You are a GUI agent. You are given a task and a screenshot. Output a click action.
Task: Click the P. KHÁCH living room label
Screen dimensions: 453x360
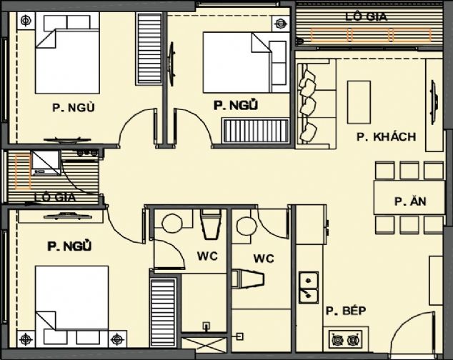point(387,136)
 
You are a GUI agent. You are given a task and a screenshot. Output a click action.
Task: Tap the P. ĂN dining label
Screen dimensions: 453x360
point(410,201)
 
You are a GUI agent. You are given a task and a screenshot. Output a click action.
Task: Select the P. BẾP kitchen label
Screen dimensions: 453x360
point(346,311)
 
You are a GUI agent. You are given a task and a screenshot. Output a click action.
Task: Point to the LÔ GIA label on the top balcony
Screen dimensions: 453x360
point(366,16)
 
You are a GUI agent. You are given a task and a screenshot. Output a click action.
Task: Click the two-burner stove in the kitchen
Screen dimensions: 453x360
point(346,339)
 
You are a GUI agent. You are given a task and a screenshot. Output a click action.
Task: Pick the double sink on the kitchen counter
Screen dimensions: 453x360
point(309,287)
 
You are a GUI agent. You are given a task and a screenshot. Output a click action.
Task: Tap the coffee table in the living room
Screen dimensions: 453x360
point(359,102)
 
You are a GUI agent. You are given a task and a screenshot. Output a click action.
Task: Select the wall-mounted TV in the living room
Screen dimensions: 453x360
point(434,103)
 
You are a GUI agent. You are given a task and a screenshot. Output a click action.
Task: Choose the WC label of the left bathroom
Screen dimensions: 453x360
point(207,256)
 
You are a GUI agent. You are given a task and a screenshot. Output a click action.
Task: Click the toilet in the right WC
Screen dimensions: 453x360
point(248,279)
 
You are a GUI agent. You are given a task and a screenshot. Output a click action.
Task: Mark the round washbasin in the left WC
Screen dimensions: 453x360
point(172,224)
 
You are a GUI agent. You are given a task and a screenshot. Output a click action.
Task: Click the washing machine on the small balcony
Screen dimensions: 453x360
point(46,163)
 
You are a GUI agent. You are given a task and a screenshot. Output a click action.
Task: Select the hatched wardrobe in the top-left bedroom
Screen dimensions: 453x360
point(149,49)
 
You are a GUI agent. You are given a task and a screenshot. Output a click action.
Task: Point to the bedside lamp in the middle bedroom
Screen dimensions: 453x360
point(279,23)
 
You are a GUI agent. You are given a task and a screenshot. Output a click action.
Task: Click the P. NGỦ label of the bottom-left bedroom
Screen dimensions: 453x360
point(69,246)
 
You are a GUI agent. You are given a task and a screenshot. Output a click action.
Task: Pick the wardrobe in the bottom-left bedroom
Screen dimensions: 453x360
point(163,313)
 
